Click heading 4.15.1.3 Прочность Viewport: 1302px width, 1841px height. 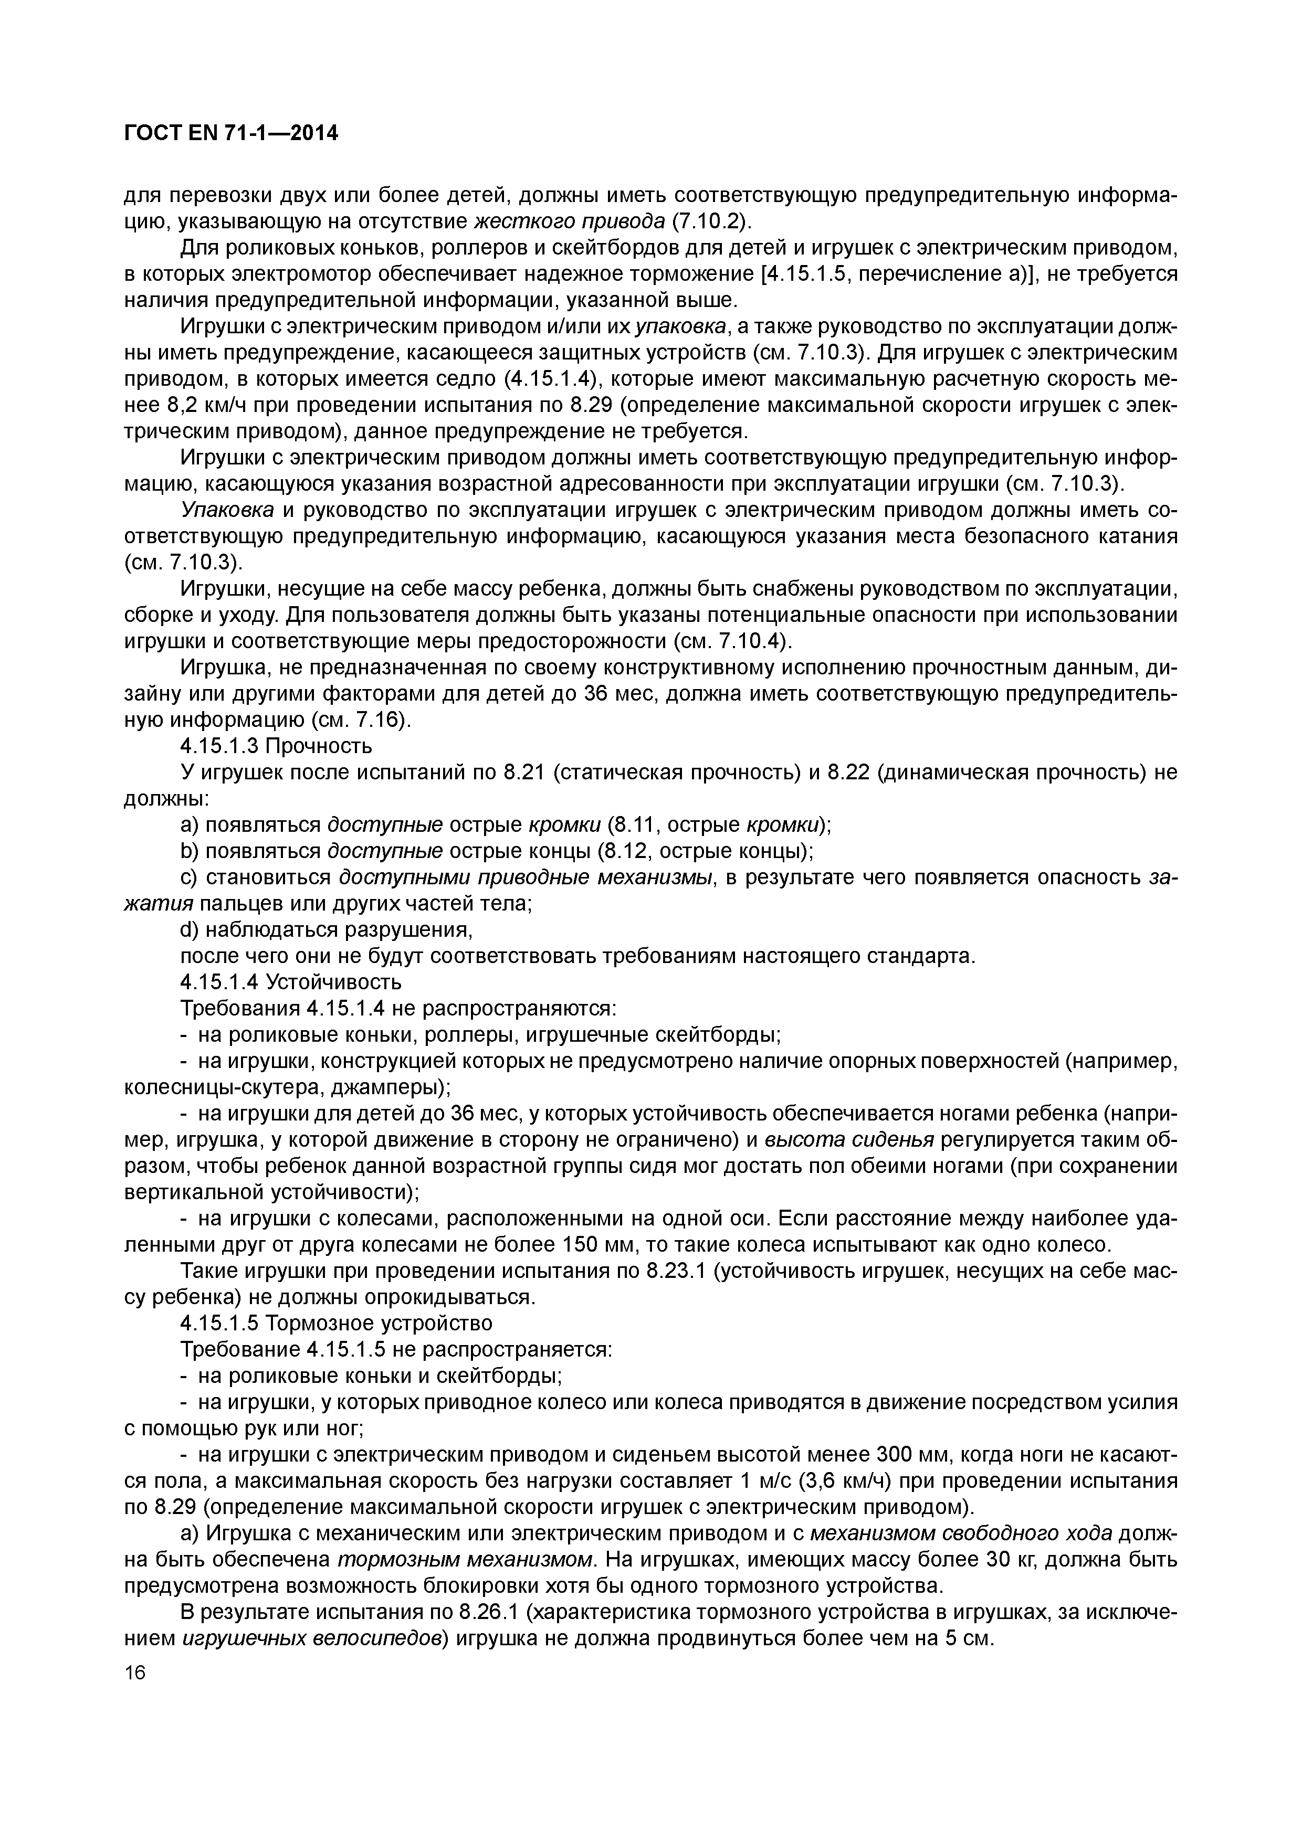click(x=276, y=746)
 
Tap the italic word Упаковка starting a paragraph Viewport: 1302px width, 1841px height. click(x=227, y=511)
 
